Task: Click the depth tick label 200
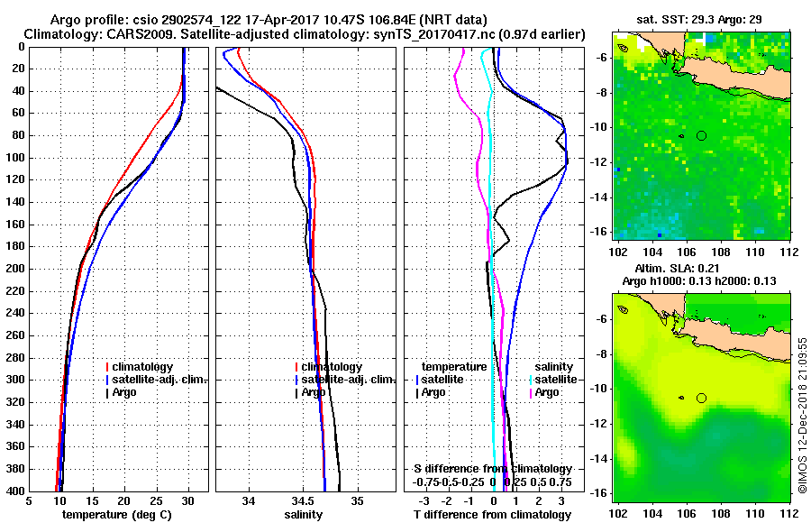click(17, 269)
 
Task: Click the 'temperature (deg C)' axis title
click(118, 515)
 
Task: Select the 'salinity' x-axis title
click(305, 515)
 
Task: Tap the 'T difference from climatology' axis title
click(492, 515)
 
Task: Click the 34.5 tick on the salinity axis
click(305, 501)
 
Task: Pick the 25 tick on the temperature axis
click(156, 501)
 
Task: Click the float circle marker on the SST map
click(701, 135)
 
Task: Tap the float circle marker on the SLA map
click(701, 398)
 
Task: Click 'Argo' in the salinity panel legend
click(313, 392)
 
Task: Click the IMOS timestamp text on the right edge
click(801, 415)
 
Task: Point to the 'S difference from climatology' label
click(492, 470)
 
